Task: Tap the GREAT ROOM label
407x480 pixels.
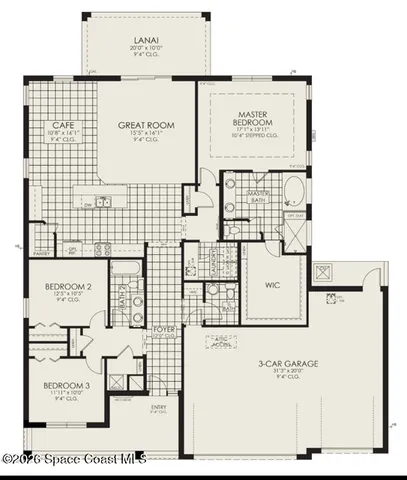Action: coord(147,126)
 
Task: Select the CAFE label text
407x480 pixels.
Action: coord(60,126)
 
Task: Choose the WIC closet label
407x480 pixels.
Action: coord(273,286)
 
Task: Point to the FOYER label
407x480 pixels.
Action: coord(164,329)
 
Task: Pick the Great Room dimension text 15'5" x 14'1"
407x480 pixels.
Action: coord(147,134)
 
